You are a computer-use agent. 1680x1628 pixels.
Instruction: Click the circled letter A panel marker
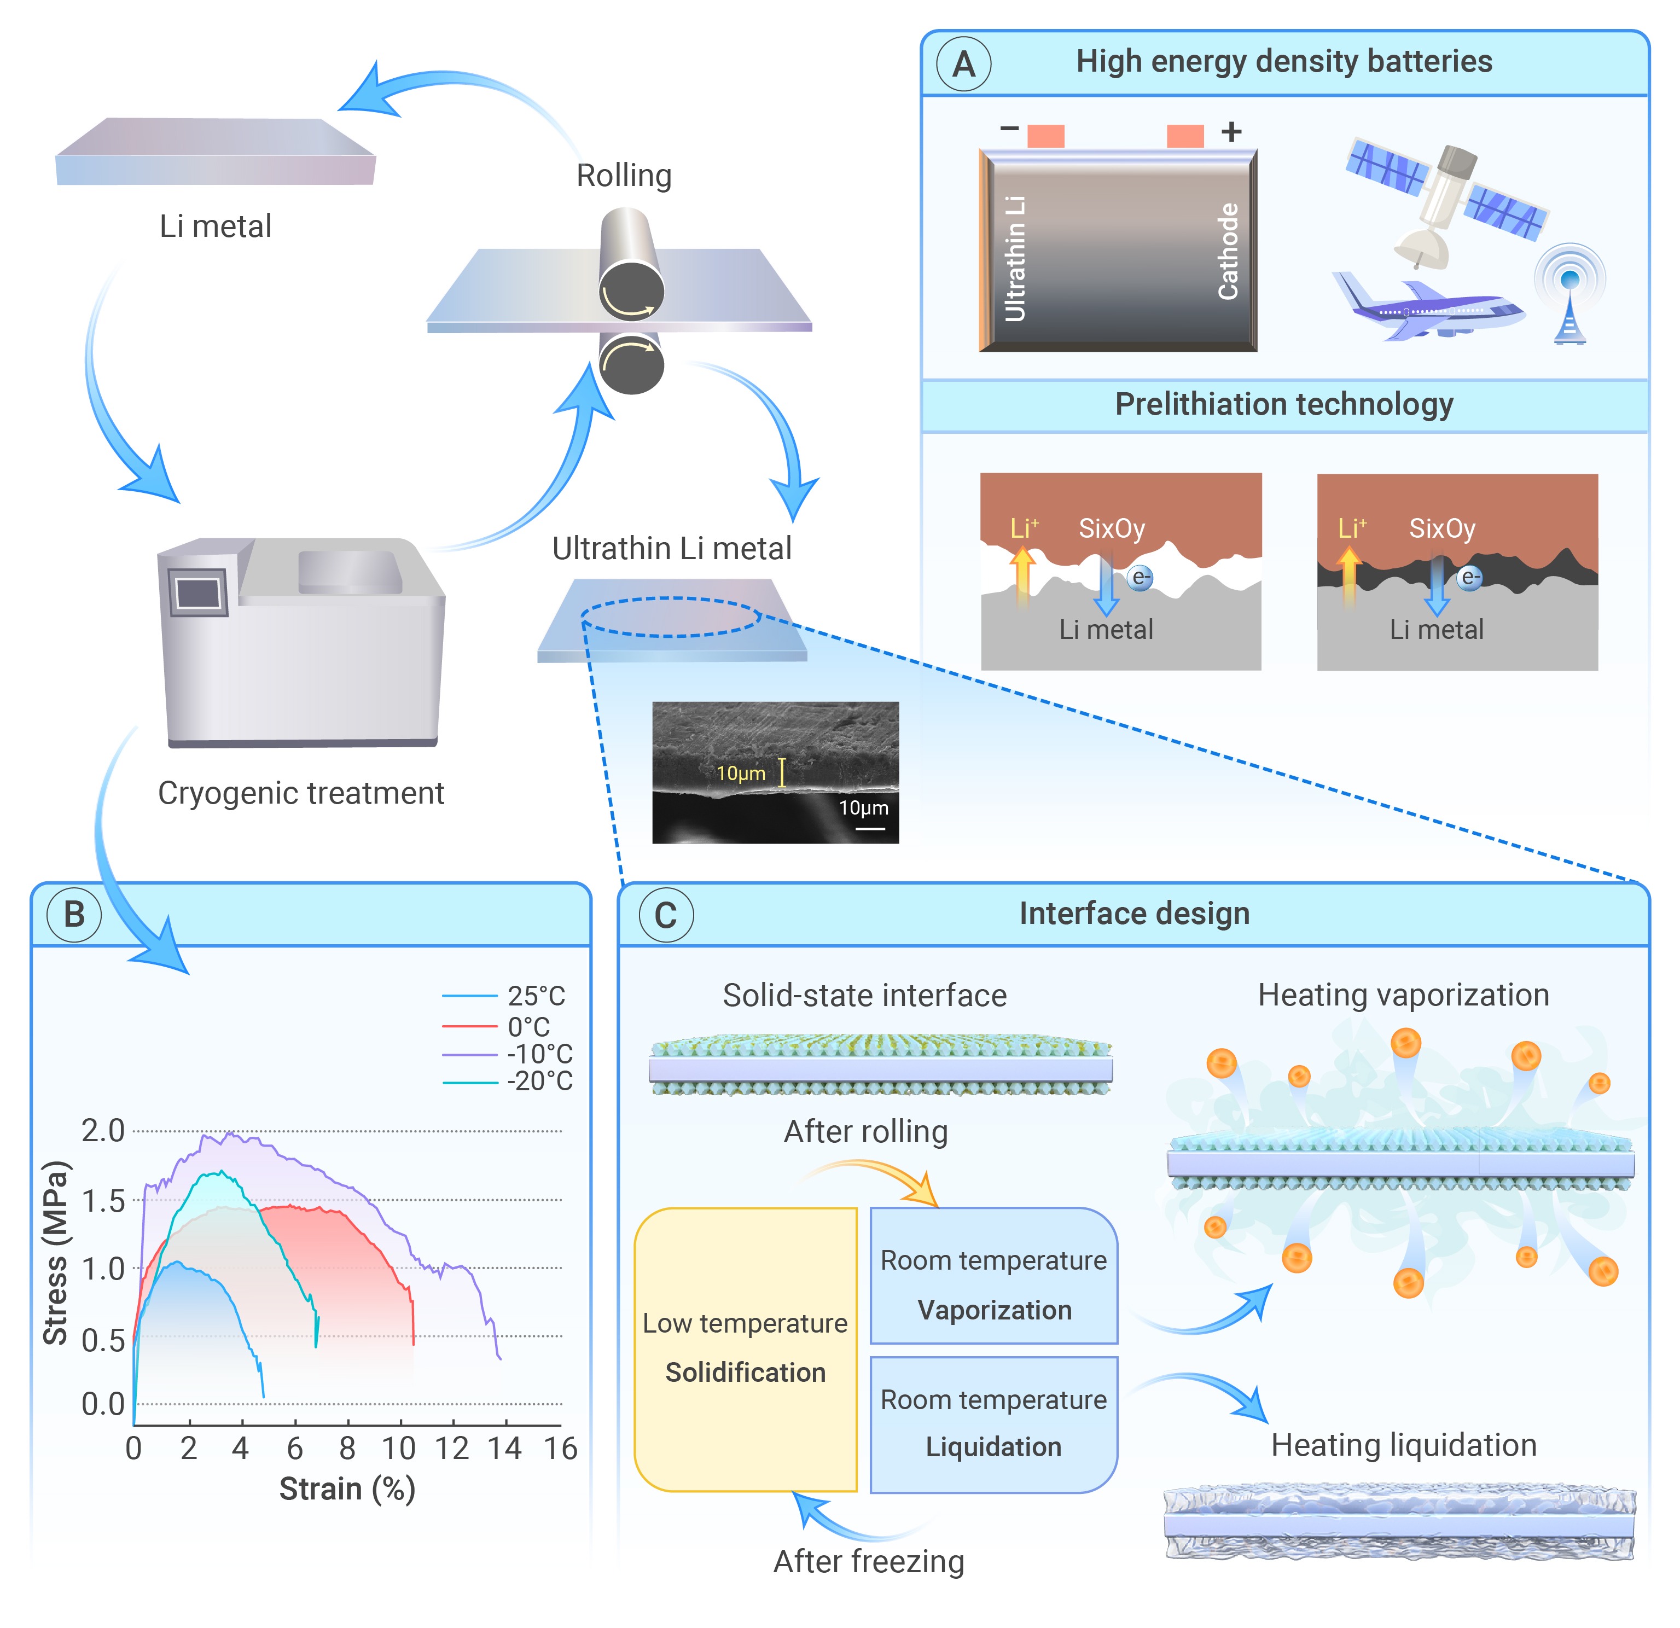pos(963,65)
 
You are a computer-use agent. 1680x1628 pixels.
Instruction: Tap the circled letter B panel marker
pos(74,915)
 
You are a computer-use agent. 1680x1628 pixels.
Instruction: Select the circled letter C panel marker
pos(666,916)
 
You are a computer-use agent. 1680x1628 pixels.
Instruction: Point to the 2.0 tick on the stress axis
pos(103,1131)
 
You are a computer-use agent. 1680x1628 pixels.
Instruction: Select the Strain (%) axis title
pos(347,1489)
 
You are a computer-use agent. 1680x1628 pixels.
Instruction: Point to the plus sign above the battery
pos(1232,132)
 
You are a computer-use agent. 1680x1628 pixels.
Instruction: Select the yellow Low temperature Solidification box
pos(745,1350)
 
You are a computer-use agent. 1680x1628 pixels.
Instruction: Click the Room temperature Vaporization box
pos(993,1276)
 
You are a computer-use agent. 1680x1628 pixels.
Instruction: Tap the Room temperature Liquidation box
pos(993,1424)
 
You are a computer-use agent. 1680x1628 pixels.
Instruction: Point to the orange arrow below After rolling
pos(883,1179)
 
